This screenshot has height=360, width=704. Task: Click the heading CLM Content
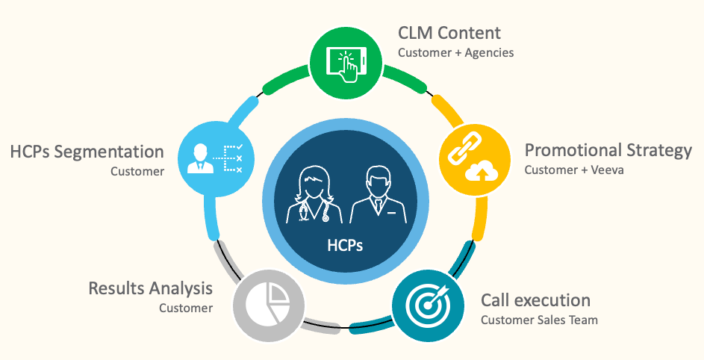coord(449,33)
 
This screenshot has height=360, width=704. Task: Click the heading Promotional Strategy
coord(608,150)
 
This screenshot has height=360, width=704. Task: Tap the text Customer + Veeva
coord(573,170)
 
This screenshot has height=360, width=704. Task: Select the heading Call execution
coord(535,300)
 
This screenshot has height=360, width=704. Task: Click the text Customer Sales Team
coord(539,320)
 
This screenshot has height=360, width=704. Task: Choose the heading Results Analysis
coord(151,288)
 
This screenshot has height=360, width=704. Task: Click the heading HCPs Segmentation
coord(87,152)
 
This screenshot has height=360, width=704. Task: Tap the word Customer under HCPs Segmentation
coord(137,171)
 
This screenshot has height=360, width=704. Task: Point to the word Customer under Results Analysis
coord(186,307)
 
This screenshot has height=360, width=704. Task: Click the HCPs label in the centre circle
coord(345,245)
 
